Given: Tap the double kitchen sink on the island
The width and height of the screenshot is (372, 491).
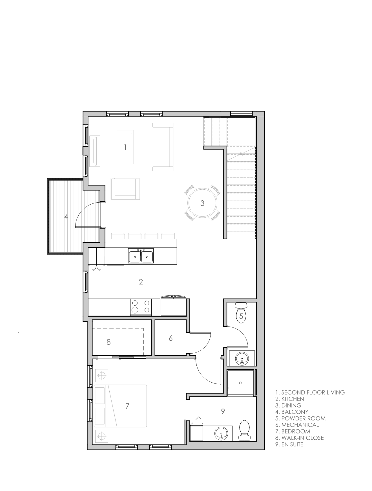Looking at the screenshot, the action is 141,256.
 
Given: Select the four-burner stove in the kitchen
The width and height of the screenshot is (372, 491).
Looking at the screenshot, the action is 141,307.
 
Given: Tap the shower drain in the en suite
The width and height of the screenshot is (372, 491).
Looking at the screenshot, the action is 240,383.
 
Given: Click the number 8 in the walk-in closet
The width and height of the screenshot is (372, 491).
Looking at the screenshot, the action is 108,342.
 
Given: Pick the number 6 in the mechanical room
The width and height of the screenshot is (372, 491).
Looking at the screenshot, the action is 170,338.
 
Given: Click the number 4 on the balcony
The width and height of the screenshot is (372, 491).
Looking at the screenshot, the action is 66,217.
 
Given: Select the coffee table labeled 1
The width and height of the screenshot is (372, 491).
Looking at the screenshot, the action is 125,147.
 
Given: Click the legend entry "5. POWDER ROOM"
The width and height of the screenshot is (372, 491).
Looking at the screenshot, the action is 300,418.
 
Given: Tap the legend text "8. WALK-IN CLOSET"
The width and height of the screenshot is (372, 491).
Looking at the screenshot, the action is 301,438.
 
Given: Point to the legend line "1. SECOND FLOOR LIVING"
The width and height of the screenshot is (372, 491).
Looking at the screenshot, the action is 310,392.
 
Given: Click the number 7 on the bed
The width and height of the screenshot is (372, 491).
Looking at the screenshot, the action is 127,406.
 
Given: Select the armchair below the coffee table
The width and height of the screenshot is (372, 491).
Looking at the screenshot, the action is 125,188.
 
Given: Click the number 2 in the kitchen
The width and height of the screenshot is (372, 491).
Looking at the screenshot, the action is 141,282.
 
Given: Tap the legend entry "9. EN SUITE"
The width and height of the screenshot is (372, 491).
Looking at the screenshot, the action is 289,444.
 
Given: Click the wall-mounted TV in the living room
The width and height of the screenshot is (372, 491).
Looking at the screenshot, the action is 95,151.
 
